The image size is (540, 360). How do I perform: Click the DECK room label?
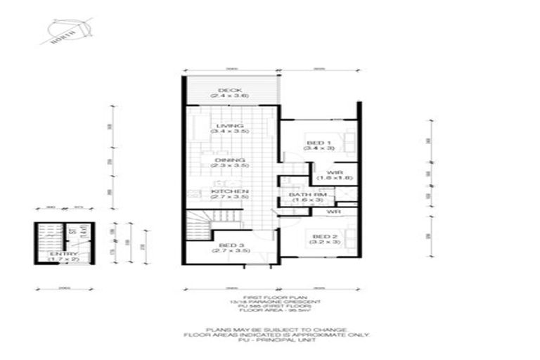(x=229, y=90)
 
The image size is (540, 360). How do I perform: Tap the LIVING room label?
(x=229, y=126)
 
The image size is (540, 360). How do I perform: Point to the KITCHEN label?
(x=229, y=192)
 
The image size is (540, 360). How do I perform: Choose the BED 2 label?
(x=321, y=236)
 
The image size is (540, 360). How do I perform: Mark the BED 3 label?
(x=229, y=244)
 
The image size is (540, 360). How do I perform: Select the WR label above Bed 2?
(x=333, y=210)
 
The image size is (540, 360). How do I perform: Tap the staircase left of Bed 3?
(x=198, y=225)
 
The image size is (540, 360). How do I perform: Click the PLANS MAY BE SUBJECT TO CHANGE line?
(x=271, y=329)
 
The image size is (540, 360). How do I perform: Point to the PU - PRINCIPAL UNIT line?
(x=271, y=340)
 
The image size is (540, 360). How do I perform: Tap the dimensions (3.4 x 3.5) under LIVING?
(x=229, y=131)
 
